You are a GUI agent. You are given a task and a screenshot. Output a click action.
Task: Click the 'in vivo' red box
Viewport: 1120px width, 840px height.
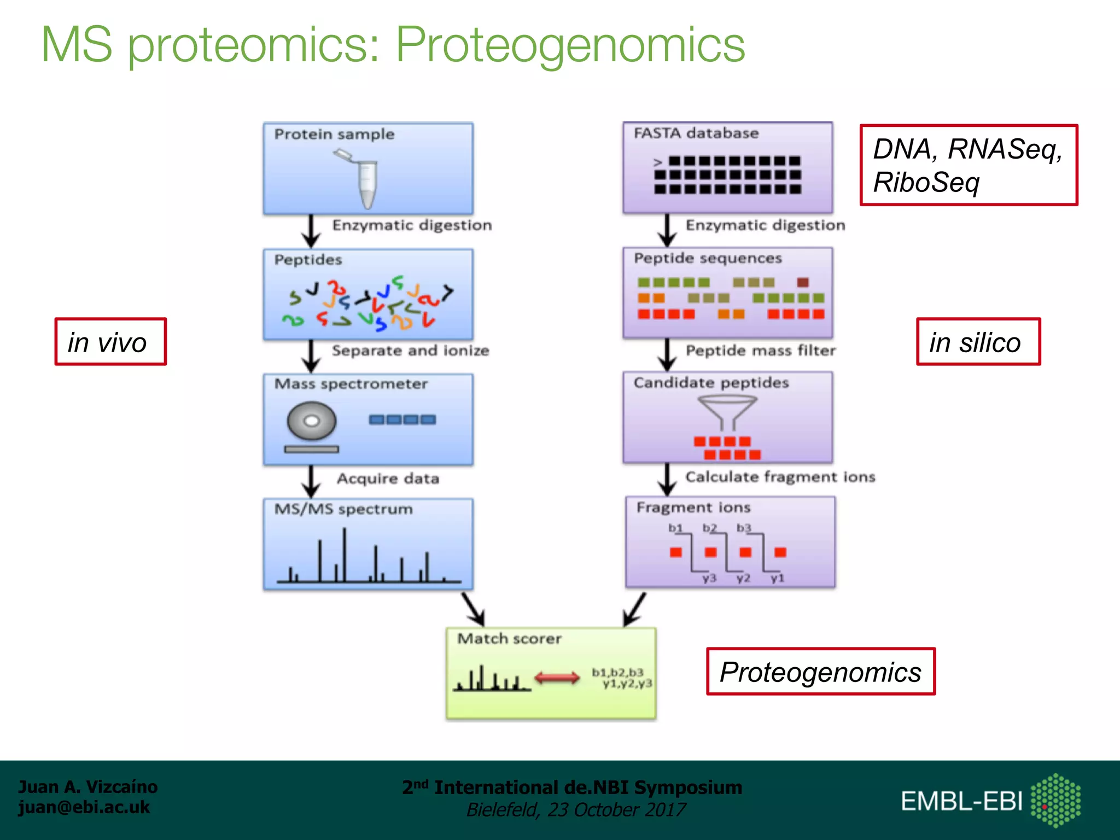coord(110,342)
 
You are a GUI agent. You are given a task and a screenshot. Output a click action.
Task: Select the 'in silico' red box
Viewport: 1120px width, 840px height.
coord(978,342)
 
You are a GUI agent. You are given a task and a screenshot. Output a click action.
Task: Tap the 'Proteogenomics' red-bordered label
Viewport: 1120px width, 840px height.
coord(820,672)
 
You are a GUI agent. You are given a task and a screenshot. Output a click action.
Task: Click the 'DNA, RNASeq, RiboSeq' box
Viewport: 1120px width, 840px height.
coord(968,165)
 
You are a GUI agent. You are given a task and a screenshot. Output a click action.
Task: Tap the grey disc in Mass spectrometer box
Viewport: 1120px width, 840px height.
coord(311,421)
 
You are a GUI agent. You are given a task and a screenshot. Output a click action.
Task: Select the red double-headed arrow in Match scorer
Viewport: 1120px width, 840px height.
coord(557,678)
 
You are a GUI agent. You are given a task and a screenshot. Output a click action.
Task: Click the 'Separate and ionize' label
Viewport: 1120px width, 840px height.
coord(410,351)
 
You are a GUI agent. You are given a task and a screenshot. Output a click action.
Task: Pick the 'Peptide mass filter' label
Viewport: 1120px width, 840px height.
coord(760,351)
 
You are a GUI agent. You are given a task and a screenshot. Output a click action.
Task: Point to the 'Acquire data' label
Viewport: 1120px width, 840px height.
coord(388,479)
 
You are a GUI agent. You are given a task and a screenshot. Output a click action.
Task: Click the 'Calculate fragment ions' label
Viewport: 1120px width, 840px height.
coord(780,477)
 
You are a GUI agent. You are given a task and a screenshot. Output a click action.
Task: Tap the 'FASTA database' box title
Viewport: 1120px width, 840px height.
coord(696,133)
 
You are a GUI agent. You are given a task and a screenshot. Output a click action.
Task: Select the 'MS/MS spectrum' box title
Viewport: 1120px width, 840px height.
coord(343,509)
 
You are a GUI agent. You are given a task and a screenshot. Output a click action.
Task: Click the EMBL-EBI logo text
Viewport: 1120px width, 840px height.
coord(961,801)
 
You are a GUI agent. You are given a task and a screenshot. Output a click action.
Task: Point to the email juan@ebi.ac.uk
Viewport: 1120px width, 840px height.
coord(84,807)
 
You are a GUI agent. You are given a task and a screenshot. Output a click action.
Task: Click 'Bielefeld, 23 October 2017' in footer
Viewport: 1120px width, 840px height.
coord(575,810)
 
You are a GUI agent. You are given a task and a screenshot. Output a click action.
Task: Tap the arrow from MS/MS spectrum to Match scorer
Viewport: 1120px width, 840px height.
coord(474,609)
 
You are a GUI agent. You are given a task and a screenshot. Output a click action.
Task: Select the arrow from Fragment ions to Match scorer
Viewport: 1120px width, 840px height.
coord(634,609)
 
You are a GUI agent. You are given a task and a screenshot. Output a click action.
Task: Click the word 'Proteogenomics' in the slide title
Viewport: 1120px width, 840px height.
coord(570,45)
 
